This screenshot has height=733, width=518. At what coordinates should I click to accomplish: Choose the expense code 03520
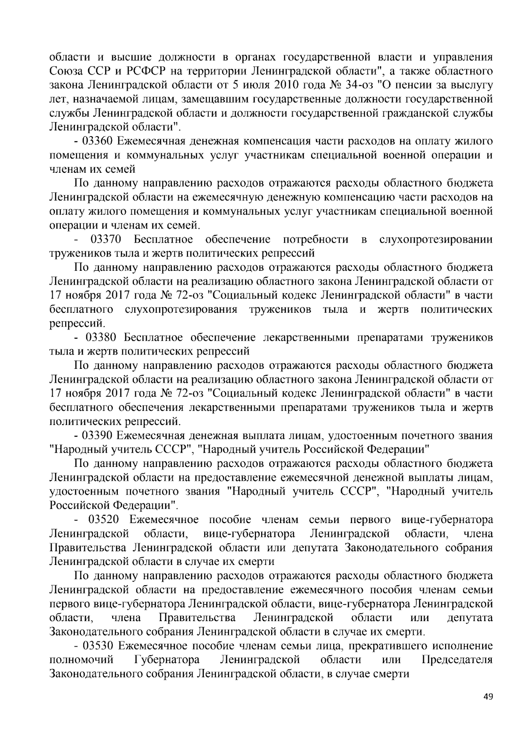click(104, 520)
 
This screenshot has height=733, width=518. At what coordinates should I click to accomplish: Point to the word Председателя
click(457, 660)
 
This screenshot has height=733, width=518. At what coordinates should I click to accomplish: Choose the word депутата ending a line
click(470, 618)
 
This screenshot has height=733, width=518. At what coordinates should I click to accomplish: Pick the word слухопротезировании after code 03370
click(436, 239)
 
